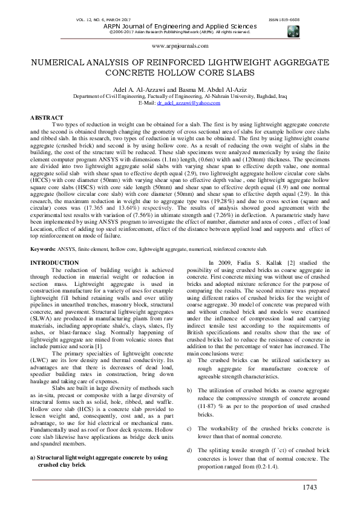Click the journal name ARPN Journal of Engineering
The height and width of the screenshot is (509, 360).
[180, 26]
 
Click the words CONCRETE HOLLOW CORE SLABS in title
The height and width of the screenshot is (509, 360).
[180, 73]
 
